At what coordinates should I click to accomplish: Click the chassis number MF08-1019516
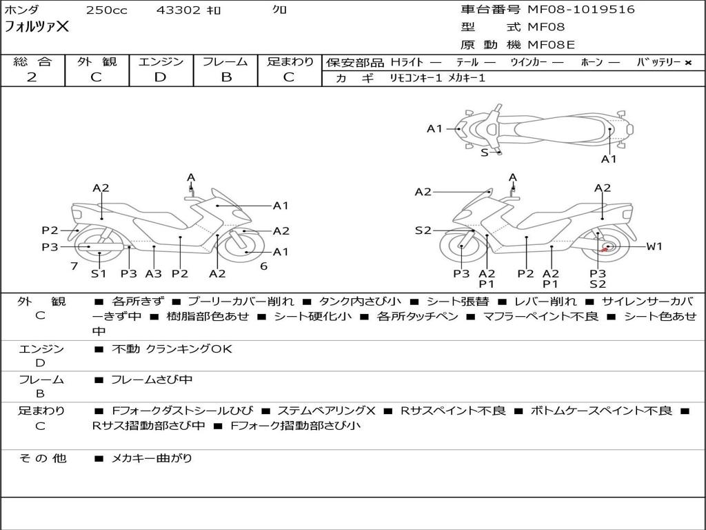tap(581, 9)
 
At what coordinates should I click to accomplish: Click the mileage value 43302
tap(179, 10)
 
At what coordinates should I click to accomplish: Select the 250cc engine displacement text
tap(107, 10)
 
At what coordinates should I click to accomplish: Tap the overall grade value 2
tap(32, 77)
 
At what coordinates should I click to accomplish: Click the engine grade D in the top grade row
tap(160, 77)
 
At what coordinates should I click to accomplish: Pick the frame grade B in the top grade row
tap(225, 77)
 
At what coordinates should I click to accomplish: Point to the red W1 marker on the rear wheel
tap(604, 249)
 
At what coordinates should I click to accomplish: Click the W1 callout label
tap(654, 246)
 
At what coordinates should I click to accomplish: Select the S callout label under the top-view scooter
tap(485, 153)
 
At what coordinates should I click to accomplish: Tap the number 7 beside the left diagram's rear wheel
tap(74, 266)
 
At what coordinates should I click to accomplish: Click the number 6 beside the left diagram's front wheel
tap(264, 266)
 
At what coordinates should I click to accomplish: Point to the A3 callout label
tap(154, 273)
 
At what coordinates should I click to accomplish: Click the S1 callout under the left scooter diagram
tap(98, 273)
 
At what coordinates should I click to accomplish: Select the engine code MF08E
tap(552, 44)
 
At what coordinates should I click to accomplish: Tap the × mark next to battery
tap(688, 63)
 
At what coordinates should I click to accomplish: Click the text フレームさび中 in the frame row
tap(152, 380)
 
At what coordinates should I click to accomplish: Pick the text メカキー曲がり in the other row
tap(152, 458)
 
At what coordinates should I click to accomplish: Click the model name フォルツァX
tap(37, 26)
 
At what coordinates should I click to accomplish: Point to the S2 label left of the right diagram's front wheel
tap(423, 230)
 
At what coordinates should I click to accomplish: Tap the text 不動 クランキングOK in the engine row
tap(172, 349)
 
